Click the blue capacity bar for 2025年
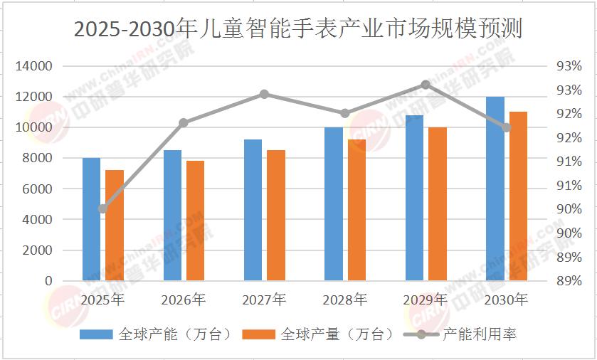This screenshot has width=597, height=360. [91, 219]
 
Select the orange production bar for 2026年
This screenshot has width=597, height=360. [195, 221]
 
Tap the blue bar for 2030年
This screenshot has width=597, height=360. [495, 189]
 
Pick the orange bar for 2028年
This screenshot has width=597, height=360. [356, 210]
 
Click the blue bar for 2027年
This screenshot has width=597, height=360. [253, 210]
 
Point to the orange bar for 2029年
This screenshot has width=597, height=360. [438, 204]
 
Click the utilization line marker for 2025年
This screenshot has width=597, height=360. [102, 208]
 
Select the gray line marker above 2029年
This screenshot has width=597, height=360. [426, 85]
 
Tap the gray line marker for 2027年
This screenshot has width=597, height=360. [264, 94]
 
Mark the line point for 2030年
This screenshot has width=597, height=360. [507, 127]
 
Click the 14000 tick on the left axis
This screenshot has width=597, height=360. [33, 66]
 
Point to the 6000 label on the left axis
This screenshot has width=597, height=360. [37, 189]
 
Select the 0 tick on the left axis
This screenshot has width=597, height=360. [48, 281]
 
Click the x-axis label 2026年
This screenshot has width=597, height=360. [183, 300]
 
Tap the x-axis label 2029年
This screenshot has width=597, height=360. [426, 300]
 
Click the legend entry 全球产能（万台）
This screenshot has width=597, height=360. [156, 334]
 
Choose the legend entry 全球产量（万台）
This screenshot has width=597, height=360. [318, 334]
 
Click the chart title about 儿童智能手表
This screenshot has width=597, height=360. [297, 29]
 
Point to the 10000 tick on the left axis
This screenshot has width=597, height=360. [33, 127]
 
